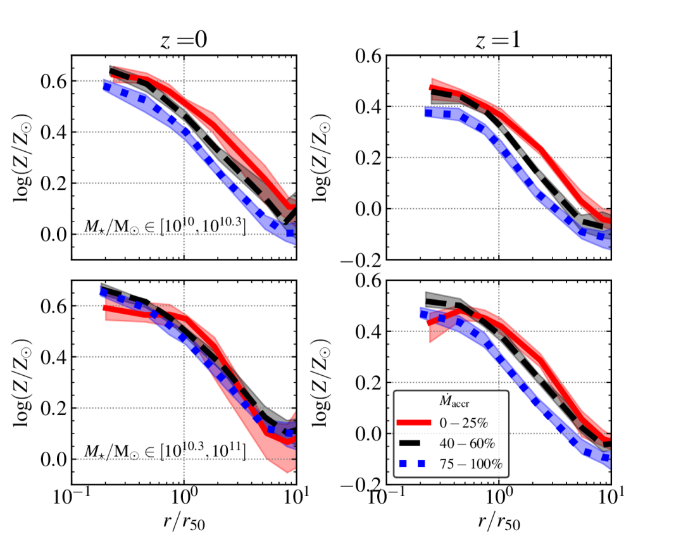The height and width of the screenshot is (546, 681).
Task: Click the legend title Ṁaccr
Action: [451, 400]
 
